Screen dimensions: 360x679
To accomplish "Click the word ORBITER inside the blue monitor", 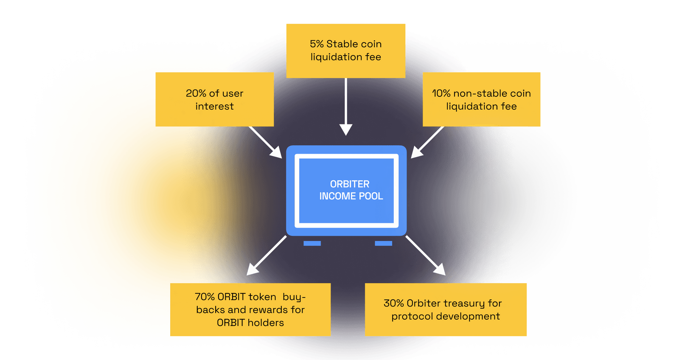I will tap(350, 184).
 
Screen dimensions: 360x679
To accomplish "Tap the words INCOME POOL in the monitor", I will tap(351, 196).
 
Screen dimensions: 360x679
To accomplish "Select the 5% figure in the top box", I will tap(317, 44).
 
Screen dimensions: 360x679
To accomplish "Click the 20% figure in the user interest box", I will tap(196, 93).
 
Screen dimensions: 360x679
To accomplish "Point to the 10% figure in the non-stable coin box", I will tap(441, 93).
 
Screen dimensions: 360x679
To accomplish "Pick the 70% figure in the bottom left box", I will tap(205, 297).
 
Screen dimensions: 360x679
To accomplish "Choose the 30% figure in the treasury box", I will tap(393, 303).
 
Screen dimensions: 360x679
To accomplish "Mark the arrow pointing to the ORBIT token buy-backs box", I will tap(266, 256).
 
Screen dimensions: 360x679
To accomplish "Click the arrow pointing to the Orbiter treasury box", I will tap(426, 256).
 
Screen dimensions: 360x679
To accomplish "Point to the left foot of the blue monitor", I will tap(312, 243).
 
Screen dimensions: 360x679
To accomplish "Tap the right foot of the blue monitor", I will tap(383, 243).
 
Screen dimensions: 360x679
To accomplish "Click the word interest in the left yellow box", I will tap(214, 107).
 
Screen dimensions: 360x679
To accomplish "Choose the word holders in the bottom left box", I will tap(264, 323).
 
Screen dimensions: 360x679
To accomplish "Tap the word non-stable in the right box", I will tap(480, 93).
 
